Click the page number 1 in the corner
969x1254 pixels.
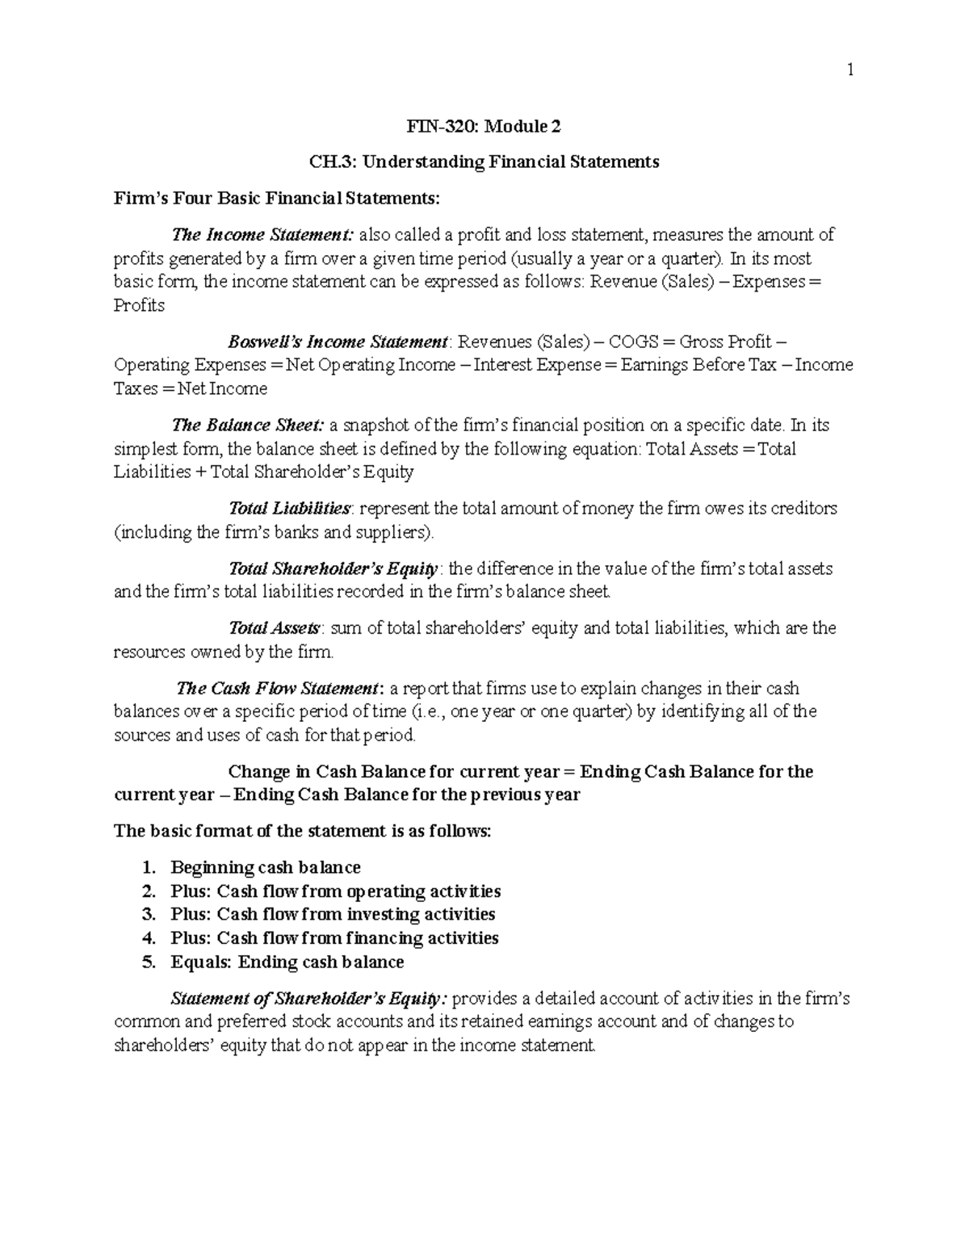(849, 70)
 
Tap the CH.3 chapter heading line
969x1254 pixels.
(484, 161)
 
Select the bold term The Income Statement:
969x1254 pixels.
(262, 235)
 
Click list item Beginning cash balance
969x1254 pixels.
(266, 868)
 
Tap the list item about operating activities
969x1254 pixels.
(335, 891)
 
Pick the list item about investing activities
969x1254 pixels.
(333, 914)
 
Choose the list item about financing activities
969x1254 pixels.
(334, 938)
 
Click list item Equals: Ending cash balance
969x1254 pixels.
(287, 963)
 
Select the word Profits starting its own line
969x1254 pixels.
(139, 305)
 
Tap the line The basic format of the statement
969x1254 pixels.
(302, 831)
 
